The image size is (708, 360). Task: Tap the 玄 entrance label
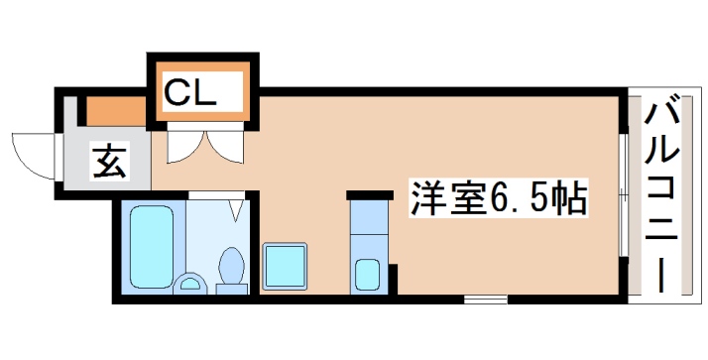[109, 162]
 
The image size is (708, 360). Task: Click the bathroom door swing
[236, 209]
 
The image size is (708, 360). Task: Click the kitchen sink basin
[366, 273]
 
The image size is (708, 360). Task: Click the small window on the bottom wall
[485, 298]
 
